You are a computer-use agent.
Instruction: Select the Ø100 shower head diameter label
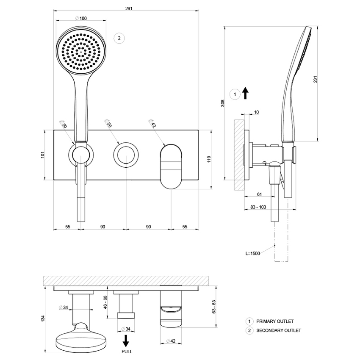coord(80,18)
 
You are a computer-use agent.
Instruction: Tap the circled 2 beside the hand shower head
coord(119,38)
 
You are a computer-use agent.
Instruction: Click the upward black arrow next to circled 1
coord(245,93)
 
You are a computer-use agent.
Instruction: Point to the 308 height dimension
coord(222,104)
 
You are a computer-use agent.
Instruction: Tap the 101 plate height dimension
coord(43,155)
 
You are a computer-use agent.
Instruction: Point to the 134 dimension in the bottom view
coord(43,318)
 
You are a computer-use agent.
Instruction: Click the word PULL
coord(126,352)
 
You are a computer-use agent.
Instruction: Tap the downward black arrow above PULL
coord(126,341)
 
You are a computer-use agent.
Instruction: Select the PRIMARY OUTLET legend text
coord(275,321)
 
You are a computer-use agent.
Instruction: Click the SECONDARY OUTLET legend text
coord(278,330)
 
